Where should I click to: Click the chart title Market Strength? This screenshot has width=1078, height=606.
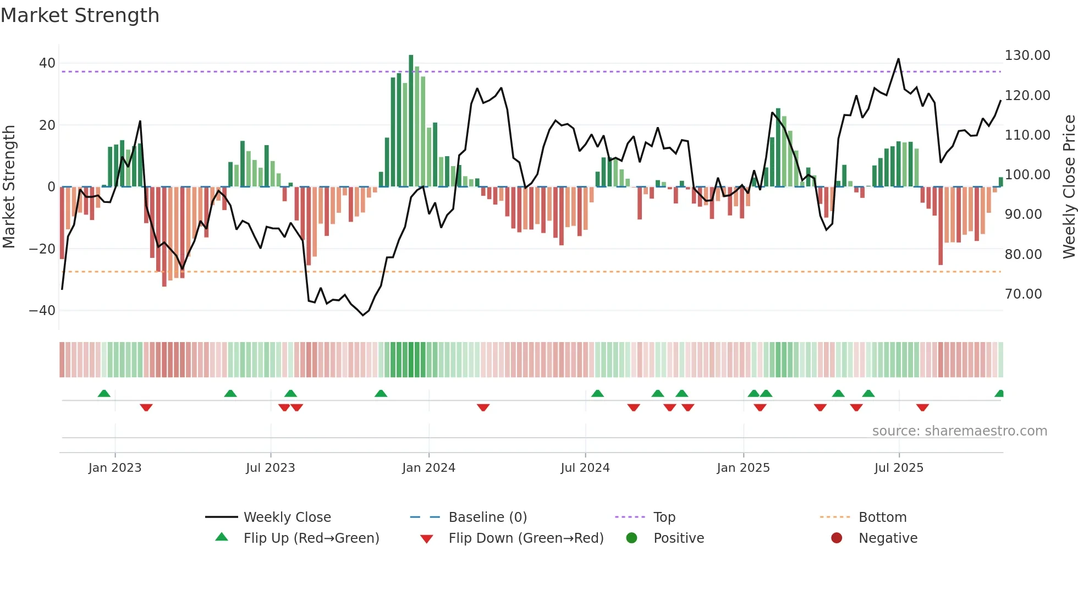pyautogui.click(x=80, y=15)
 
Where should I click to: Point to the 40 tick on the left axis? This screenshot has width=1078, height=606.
pyautogui.click(x=47, y=63)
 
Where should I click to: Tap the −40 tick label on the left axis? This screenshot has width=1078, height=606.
pyautogui.click(x=42, y=311)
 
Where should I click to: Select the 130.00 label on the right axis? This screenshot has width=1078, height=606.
pyautogui.click(x=1027, y=56)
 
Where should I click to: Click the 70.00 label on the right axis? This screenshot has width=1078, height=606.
pyautogui.click(x=1023, y=294)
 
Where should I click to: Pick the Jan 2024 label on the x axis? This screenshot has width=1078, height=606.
pyautogui.click(x=428, y=468)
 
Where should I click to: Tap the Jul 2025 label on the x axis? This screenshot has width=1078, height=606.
pyautogui.click(x=899, y=468)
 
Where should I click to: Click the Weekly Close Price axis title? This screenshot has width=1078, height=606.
pyautogui.click(x=1069, y=186)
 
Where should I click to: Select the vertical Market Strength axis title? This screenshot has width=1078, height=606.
pyautogui.click(x=9, y=186)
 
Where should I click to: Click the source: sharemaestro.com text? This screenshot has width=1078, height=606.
pyautogui.click(x=959, y=431)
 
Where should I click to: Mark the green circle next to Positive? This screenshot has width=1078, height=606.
pyautogui.click(x=631, y=538)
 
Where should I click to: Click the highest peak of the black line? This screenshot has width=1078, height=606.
pyautogui.click(x=898, y=59)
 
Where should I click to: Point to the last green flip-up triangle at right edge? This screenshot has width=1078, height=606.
pyautogui.click(x=999, y=394)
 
